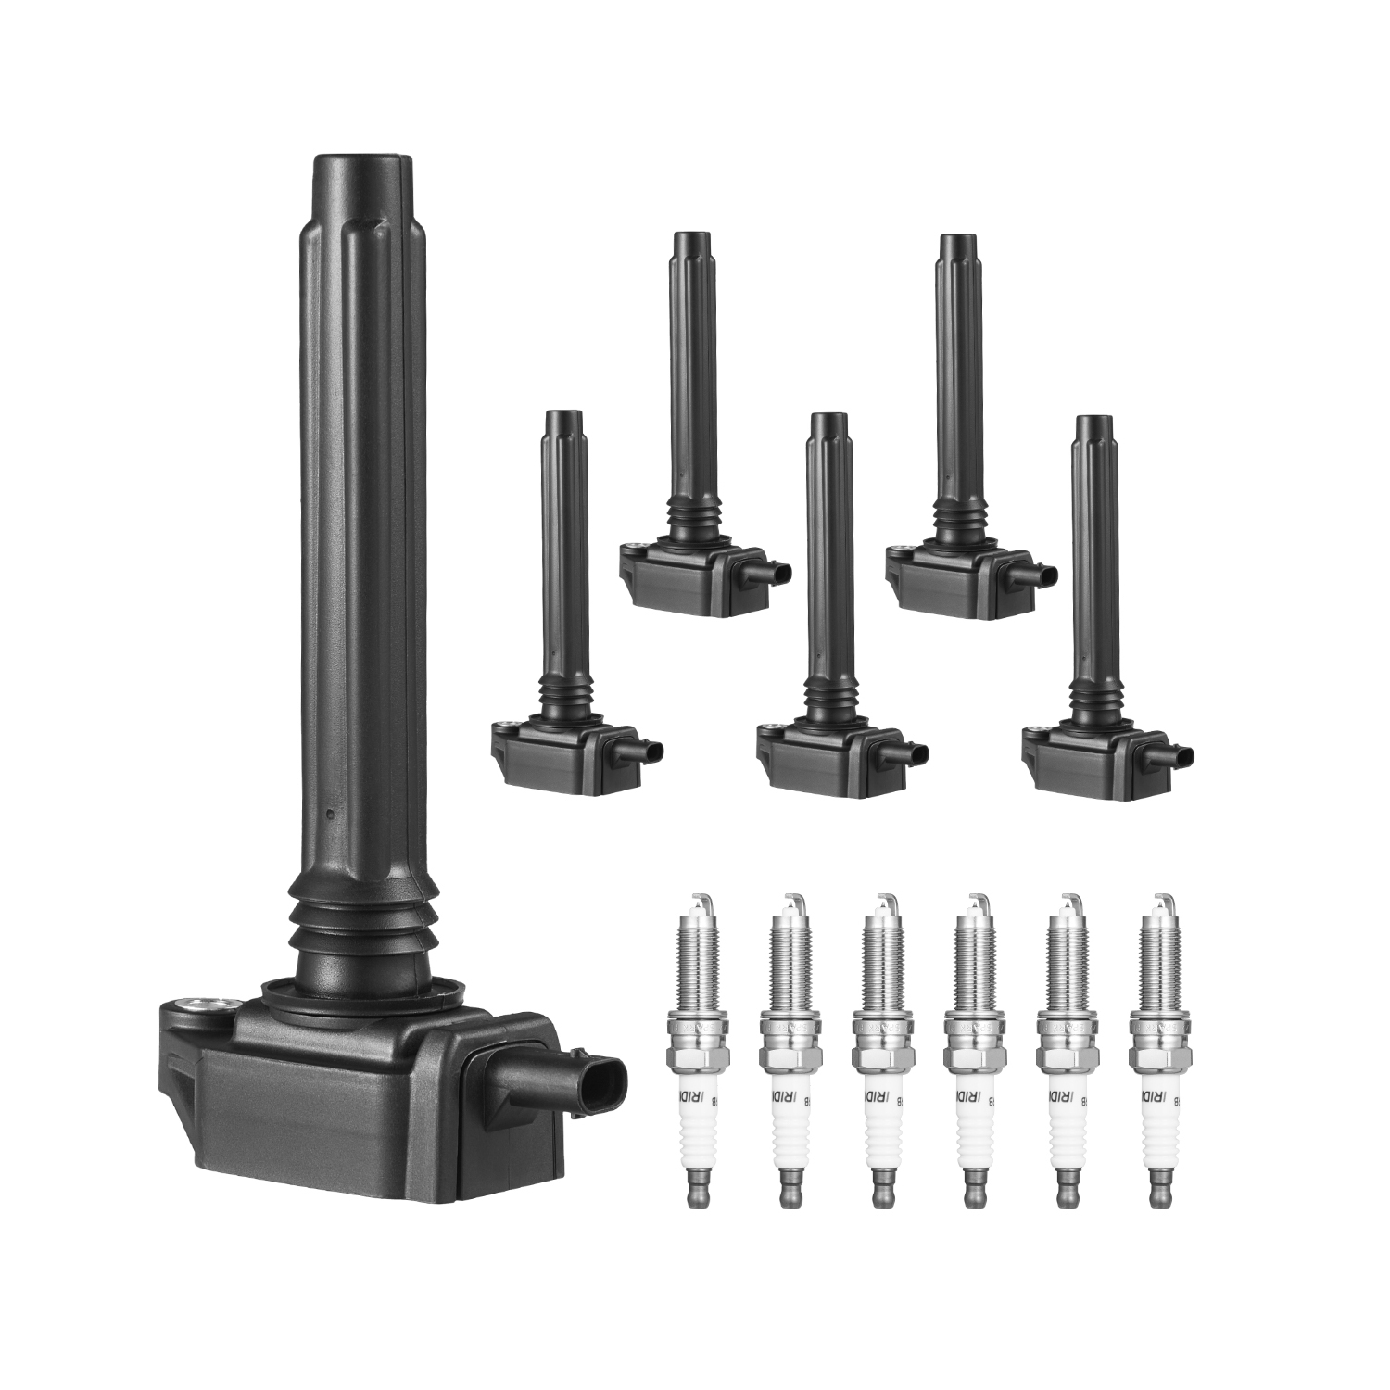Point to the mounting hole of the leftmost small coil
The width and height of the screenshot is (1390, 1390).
[x=506, y=728]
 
